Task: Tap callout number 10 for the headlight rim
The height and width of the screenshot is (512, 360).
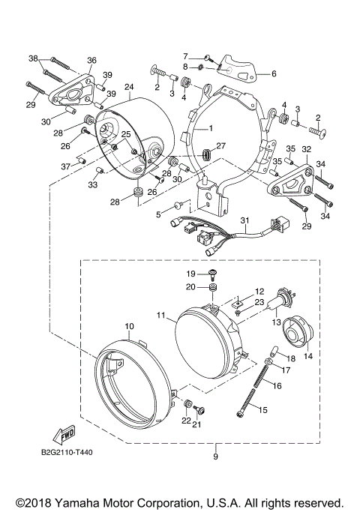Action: pos(129,326)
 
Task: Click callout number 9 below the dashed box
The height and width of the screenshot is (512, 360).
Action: pos(216,457)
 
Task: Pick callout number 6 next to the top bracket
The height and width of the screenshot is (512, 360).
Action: pos(274,73)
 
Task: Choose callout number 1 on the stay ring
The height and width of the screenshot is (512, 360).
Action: pos(211,129)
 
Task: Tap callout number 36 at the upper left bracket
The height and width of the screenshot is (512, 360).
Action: pos(91,60)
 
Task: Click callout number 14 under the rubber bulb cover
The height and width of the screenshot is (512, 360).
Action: pos(307,357)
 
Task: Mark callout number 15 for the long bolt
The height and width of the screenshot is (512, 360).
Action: pos(262,409)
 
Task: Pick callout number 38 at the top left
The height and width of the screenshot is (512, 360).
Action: pos(33,58)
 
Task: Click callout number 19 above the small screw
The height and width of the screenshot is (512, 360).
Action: pos(190,273)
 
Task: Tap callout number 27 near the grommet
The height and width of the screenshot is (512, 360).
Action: pos(220,145)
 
